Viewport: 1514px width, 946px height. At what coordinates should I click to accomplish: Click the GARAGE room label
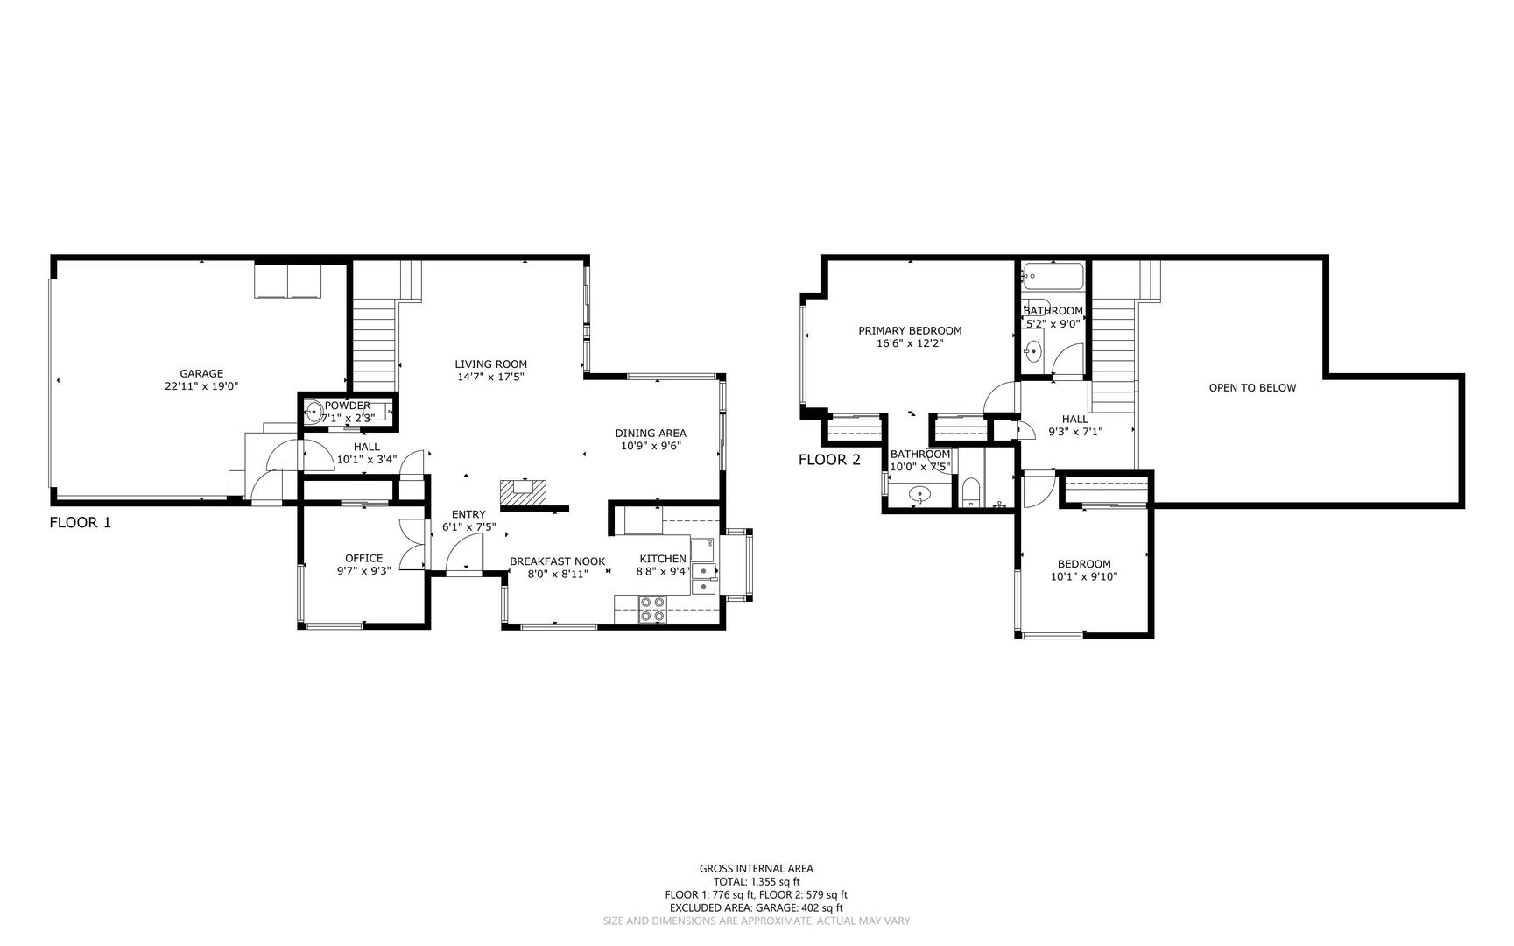pos(201,373)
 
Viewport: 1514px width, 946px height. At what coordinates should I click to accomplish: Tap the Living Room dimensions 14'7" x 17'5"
pos(490,378)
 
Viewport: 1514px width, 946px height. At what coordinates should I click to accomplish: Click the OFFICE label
pos(363,558)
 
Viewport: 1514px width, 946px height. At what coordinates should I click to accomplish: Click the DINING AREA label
pos(650,433)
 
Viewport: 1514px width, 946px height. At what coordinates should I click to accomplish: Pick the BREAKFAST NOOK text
pos(557,561)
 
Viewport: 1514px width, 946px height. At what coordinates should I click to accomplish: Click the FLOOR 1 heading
pos(80,523)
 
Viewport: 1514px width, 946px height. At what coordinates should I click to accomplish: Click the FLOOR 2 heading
pos(829,460)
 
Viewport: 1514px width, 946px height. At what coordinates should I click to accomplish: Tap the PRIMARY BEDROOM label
pos(910,330)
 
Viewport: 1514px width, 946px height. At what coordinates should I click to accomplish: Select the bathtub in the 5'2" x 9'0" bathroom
pos(1053,278)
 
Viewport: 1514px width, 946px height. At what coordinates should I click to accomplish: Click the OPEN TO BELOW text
pos(1252,387)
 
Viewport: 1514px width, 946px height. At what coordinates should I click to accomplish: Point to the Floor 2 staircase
pos(1113,355)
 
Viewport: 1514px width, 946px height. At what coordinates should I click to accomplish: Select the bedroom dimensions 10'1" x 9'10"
pos(1084,576)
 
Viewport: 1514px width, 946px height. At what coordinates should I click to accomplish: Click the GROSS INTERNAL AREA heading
pos(756,869)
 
